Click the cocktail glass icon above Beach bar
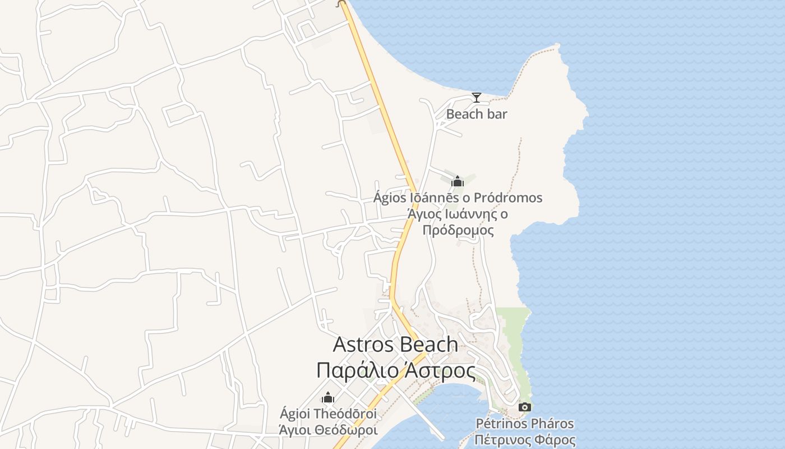pos(476,98)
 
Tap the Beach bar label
pos(477,114)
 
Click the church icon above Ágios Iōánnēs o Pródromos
pos(458,181)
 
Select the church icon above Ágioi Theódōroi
pos(328,398)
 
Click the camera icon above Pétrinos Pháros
pos(525,407)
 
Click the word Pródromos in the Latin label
pos(508,198)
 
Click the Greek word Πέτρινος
pos(501,439)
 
